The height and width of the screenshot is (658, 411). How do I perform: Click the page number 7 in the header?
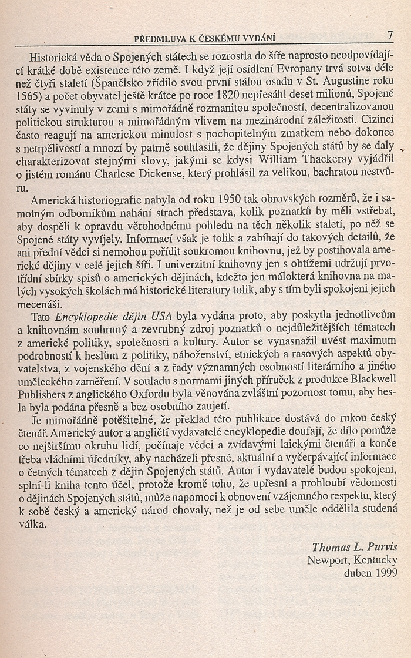tap(390, 36)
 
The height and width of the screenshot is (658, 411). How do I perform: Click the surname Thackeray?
tap(323, 162)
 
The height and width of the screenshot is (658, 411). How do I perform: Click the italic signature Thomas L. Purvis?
tap(354, 547)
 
